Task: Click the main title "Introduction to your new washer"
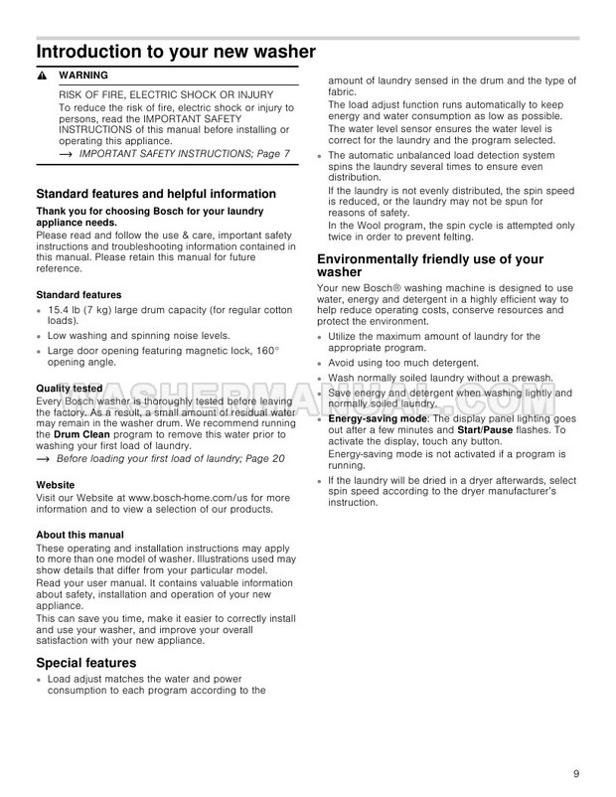click(x=176, y=51)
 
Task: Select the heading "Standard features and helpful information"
click(x=156, y=194)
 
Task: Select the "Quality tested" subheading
click(x=69, y=389)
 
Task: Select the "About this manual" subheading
click(x=79, y=535)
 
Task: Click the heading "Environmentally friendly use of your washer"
click(x=430, y=266)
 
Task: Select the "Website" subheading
click(x=56, y=485)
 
